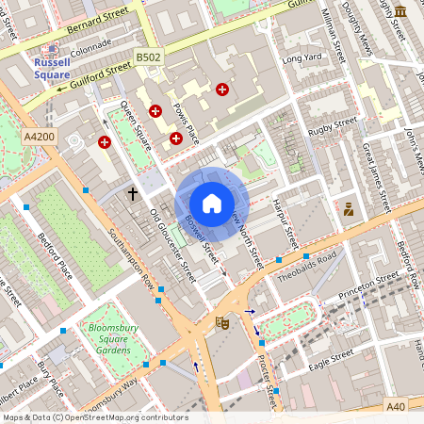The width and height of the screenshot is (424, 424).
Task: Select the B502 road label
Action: click(x=148, y=57)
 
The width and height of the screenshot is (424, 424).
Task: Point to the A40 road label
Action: click(x=397, y=407)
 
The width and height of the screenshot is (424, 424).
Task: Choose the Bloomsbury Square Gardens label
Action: click(x=122, y=338)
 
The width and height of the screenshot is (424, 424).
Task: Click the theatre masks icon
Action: click(x=223, y=323)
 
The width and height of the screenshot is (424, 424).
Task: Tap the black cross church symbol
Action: click(x=133, y=194)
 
